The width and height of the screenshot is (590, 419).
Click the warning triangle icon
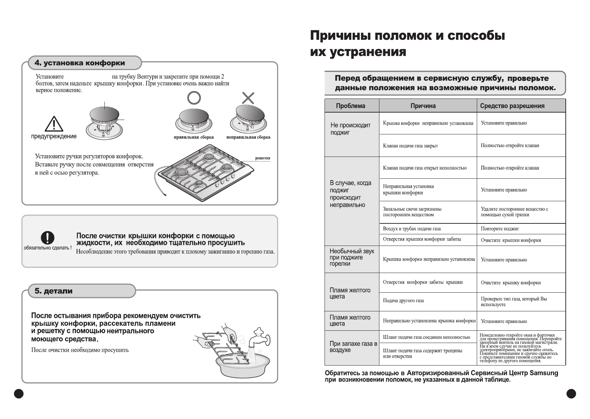tap(54, 124)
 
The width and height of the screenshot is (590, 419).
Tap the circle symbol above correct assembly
tap(194, 98)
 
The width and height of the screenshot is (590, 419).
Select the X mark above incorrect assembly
tap(248, 98)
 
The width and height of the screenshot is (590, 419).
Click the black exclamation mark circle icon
tap(47, 238)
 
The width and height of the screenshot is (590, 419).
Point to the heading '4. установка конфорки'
tap(80, 63)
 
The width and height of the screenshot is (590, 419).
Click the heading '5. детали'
tap(53, 291)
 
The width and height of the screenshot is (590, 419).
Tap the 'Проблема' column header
tap(351, 106)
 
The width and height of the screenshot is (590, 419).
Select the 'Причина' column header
tap(423, 106)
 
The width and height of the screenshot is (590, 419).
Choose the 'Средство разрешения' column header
tap(512, 106)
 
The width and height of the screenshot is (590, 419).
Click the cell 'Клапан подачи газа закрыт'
tap(410, 146)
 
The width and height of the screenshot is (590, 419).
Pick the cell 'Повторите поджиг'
tap(500, 229)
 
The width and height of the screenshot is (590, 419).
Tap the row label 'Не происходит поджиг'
tap(350, 129)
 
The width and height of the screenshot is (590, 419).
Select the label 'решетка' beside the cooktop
tap(263, 158)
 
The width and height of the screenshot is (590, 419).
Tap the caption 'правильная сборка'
tap(194, 137)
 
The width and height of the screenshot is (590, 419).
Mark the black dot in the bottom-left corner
tap(19, 394)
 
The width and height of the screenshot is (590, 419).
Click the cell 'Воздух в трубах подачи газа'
tap(412, 229)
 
